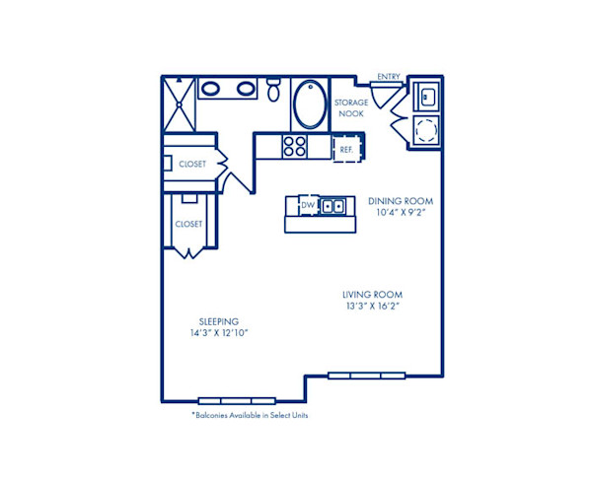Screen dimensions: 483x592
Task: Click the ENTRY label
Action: (389, 76)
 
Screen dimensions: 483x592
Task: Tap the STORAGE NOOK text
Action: (350, 107)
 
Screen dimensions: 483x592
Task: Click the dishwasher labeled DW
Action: (307, 205)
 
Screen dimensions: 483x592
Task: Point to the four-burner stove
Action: (294, 146)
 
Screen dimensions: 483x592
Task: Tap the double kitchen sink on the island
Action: (333, 205)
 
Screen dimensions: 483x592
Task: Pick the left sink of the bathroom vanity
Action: (211, 89)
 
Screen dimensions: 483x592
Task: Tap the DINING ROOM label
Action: (401, 200)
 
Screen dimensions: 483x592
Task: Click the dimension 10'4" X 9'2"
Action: (401, 212)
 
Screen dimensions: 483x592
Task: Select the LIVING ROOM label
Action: (372, 295)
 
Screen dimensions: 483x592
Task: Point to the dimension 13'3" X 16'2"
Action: (372, 307)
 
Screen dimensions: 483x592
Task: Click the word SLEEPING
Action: (218, 321)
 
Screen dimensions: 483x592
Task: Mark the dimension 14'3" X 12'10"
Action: (218, 333)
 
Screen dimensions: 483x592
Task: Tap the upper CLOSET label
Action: (192, 164)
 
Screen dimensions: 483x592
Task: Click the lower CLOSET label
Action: (187, 224)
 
